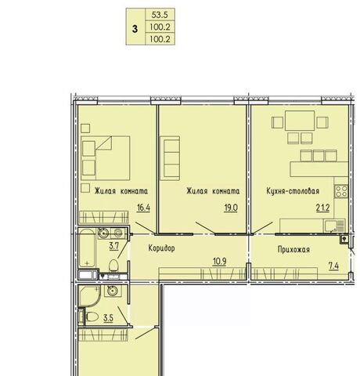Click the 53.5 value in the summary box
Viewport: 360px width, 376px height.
[x=160, y=15]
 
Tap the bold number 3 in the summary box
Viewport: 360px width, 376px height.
[x=135, y=29]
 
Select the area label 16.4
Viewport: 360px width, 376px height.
[x=143, y=208]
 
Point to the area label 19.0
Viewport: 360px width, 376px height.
[x=231, y=208]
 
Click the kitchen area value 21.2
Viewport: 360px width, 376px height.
[x=322, y=208]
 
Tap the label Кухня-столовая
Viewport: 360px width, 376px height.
[x=293, y=191]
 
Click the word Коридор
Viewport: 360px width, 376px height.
[x=161, y=248]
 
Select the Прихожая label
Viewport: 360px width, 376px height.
[x=293, y=250]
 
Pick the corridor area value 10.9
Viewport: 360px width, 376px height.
[x=219, y=262]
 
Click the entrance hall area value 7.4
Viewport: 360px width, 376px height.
[x=333, y=266]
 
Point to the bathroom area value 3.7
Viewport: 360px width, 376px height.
[x=114, y=246]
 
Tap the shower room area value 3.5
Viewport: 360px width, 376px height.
[x=108, y=318]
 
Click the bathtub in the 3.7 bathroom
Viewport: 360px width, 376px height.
[x=87, y=248]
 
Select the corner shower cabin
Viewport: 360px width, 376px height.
[x=89, y=296]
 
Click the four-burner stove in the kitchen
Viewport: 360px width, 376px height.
[x=341, y=191]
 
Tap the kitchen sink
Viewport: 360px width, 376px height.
[x=334, y=226]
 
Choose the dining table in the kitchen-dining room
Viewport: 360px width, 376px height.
[x=300, y=121]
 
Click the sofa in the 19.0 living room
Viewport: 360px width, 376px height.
[x=170, y=158]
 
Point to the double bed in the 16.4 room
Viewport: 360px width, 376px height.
[x=106, y=158]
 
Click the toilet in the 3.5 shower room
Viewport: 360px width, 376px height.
[x=92, y=317]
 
